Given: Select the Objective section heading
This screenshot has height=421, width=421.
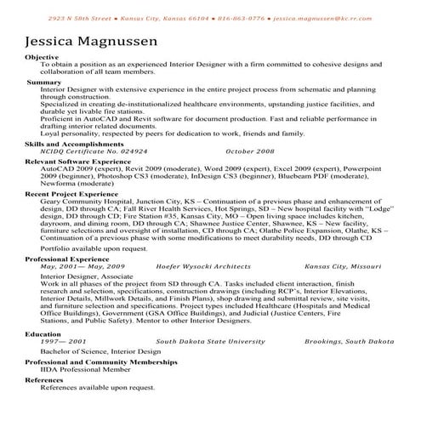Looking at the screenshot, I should point(43,57).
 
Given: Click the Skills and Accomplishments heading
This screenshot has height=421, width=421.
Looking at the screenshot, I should point(73,145).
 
